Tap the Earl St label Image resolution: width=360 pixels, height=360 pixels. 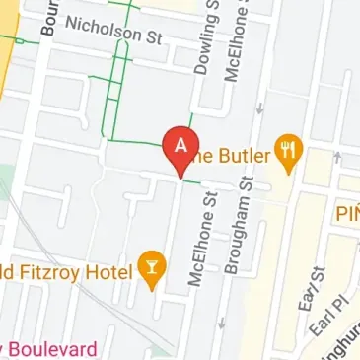(x=316, y=286)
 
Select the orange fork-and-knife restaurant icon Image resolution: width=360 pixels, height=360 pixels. (x=288, y=150)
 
